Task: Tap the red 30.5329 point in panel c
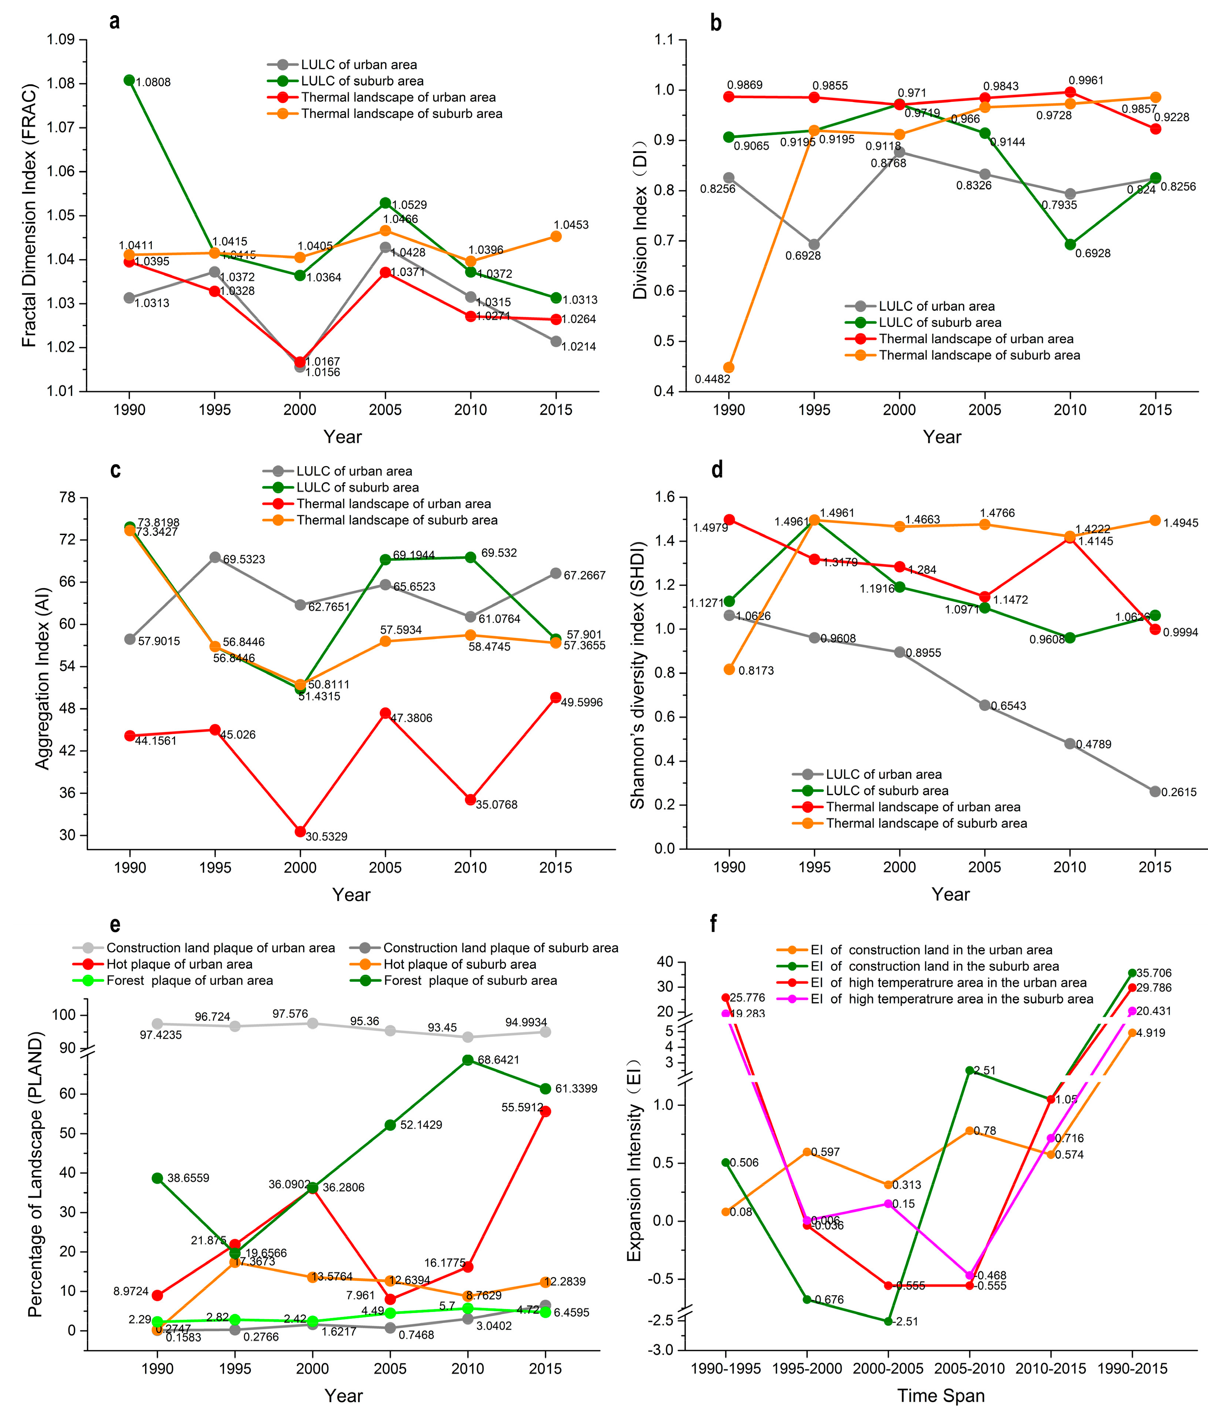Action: (299, 831)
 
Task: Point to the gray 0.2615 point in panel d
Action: (1155, 791)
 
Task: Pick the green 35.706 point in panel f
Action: (1132, 972)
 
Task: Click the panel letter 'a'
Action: (114, 22)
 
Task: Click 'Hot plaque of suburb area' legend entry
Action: (460, 964)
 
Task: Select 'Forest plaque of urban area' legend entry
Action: (189, 981)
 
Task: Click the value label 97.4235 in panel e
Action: (161, 1035)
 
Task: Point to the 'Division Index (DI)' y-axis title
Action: (640, 233)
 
